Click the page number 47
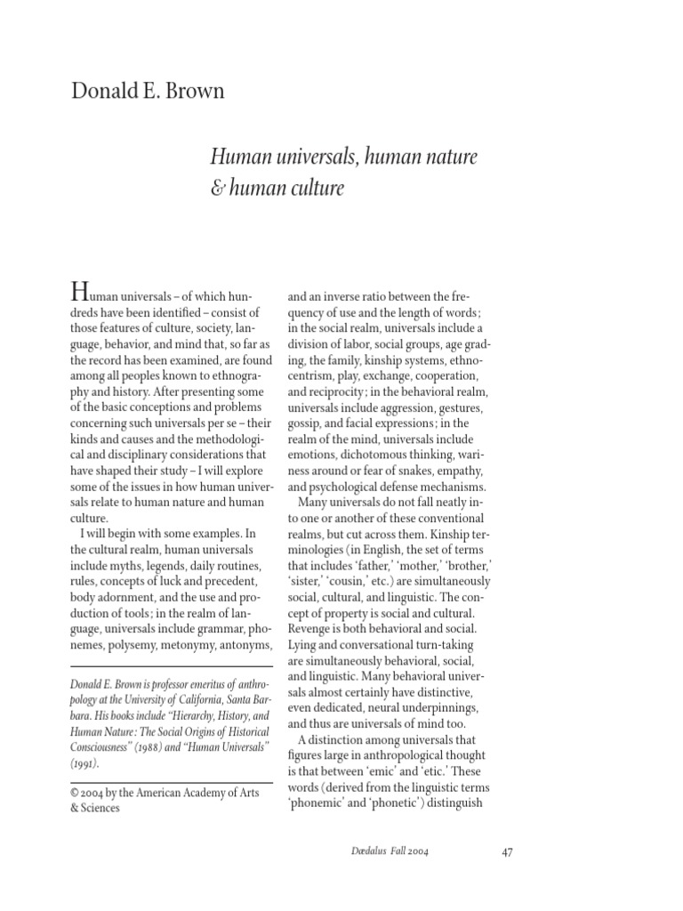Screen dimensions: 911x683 (x=508, y=851)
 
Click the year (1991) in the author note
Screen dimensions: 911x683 (x=85, y=762)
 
